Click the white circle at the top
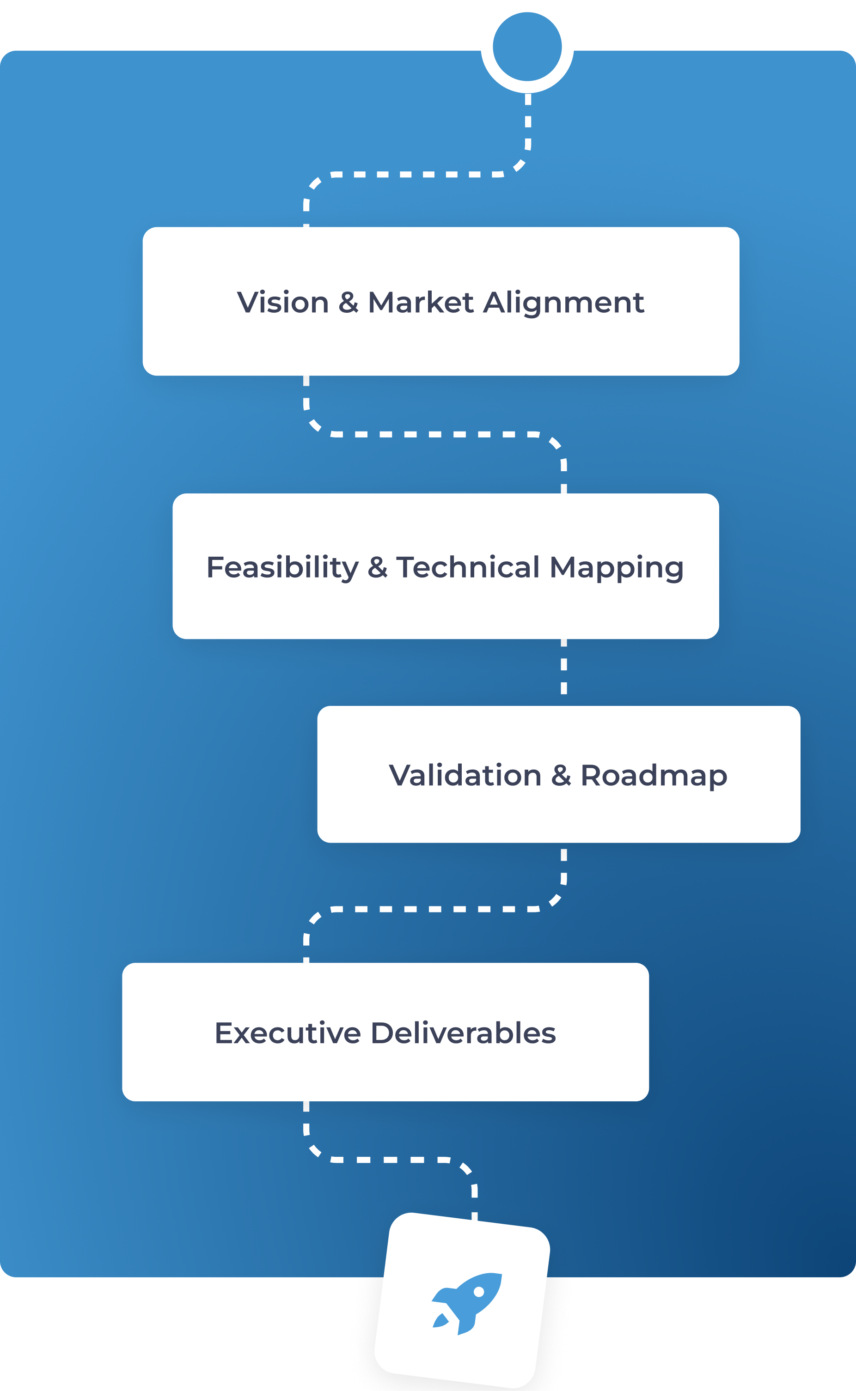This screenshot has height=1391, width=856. click(x=527, y=46)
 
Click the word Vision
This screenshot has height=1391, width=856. click(x=282, y=302)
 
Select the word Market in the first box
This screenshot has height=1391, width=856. click(x=420, y=302)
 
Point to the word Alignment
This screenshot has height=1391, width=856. click(x=563, y=302)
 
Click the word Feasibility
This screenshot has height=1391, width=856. click(x=282, y=567)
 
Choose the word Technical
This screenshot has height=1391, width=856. click(x=468, y=567)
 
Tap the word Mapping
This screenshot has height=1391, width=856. click(x=617, y=567)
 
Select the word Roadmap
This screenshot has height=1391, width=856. click(x=654, y=776)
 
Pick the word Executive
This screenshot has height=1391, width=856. click(x=287, y=1033)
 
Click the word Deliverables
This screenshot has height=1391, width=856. click(x=463, y=1033)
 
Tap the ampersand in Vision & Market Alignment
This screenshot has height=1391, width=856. click(x=348, y=302)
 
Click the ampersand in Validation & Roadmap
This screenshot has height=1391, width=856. click(x=561, y=775)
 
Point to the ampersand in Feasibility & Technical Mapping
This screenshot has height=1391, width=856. click(x=377, y=567)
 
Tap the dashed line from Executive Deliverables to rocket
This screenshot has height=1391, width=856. click(x=391, y=1160)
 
